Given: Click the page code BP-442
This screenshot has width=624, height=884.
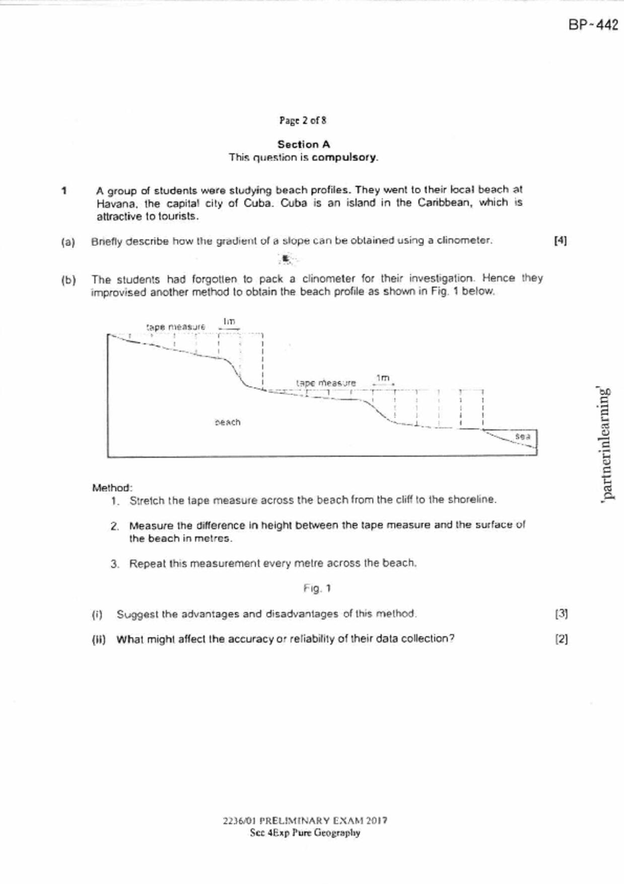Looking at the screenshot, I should [x=593, y=25].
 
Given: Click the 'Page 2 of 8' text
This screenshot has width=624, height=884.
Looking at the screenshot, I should [x=303, y=120].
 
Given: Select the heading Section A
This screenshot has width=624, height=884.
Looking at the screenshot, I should [x=304, y=144].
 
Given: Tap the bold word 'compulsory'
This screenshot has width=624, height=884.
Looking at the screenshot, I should [x=344, y=157].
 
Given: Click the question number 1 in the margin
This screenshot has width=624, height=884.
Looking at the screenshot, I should [x=64, y=191].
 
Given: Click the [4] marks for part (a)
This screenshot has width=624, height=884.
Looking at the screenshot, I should [x=560, y=241].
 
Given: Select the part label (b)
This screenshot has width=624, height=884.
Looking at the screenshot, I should [x=68, y=280].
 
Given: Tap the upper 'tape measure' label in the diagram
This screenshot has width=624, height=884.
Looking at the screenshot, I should [x=176, y=327].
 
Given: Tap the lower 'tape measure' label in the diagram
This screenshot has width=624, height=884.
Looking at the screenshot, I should [x=326, y=383].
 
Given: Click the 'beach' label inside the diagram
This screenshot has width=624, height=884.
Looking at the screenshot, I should [x=228, y=422].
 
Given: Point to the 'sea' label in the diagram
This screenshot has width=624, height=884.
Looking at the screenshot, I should [x=523, y=436].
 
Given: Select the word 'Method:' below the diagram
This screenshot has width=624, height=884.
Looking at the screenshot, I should [x=112, y=488].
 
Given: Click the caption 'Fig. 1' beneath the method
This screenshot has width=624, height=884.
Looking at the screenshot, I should [x=317, y=589].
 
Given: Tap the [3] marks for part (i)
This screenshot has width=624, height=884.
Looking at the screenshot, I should [x=561, y=614].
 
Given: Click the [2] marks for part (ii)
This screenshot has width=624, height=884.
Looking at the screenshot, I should [x=561, y=639].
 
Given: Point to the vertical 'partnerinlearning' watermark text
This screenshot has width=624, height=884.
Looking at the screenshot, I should [x=606, y=443].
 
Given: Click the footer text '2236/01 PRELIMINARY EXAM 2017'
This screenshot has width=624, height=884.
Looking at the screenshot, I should [x=305, y=820].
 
